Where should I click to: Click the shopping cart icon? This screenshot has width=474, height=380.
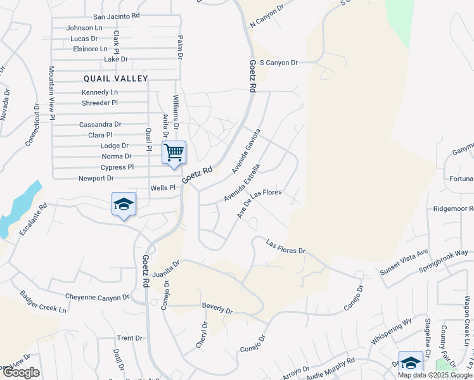[x=174, y=153]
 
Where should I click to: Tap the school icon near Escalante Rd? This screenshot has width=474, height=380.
[x=124, y=204]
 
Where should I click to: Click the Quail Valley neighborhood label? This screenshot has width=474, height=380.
[x=116, y=79]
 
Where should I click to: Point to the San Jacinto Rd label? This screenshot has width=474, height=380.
[x=116, y=16]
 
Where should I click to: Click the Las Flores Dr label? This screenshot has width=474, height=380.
[x=286, y=247]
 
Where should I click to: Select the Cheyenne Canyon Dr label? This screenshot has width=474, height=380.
[x=97, y=296]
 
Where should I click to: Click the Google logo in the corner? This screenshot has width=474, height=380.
[x=21, y=372]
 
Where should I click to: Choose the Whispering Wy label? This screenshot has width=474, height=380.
[x=391, y=334]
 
